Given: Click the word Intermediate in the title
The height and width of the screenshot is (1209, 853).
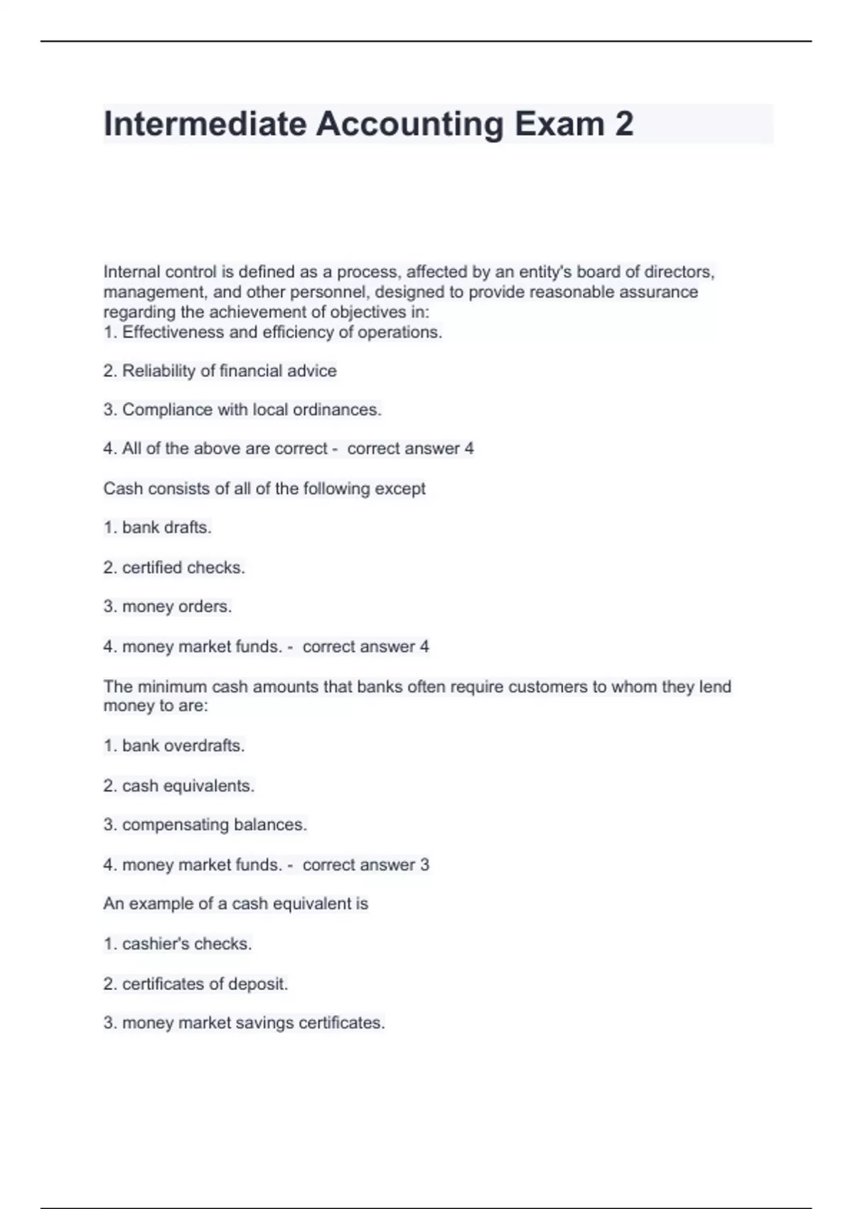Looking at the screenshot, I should [x=205, y=124].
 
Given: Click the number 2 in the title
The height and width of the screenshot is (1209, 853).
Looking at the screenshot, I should [x=623, y=124].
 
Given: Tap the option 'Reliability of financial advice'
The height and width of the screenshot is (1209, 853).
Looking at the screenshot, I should [x=220, y=371].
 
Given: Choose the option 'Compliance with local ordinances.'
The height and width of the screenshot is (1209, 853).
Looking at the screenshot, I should [x=242, y=410].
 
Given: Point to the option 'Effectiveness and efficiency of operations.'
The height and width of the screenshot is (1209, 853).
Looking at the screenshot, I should [x=273, y=332].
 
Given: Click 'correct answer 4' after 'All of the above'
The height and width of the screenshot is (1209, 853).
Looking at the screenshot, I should [x=410, y=449].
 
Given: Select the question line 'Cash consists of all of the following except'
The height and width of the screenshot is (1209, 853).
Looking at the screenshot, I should [x=264, y=489].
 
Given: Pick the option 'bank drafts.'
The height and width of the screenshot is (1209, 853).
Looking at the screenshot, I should [x=158, y=528].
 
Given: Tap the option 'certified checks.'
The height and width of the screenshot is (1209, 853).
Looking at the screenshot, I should [x=174, y=568].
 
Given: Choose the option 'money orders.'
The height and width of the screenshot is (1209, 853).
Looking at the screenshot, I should [x=168, y=607].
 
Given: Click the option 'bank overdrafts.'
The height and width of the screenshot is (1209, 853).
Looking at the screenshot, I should [x=174, y=745].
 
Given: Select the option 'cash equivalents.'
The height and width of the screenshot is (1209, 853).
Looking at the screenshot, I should [x=179, y=786].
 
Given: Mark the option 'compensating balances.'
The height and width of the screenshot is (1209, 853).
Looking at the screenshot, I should [x=205, y=825].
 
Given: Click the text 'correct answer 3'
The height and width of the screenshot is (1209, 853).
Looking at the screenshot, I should [x=365, y=865].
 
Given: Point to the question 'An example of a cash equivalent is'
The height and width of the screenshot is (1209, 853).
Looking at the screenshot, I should [x=236, y=904].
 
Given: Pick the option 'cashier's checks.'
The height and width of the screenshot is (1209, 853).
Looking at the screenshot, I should [x=178, y=944].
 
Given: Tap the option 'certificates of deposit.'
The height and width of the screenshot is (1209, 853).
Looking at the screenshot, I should [x=195, y=984].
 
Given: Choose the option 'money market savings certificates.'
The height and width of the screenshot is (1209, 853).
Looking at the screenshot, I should [x=244, y=1023].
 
